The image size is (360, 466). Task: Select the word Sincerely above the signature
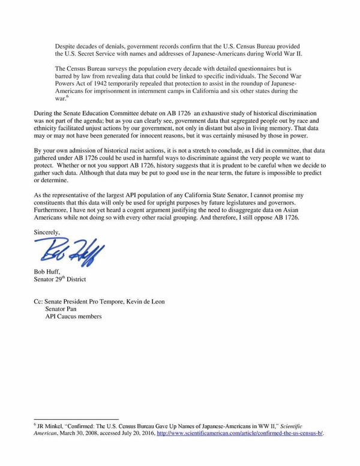tap(47, 229)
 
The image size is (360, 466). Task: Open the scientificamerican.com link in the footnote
tap(239, 434)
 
